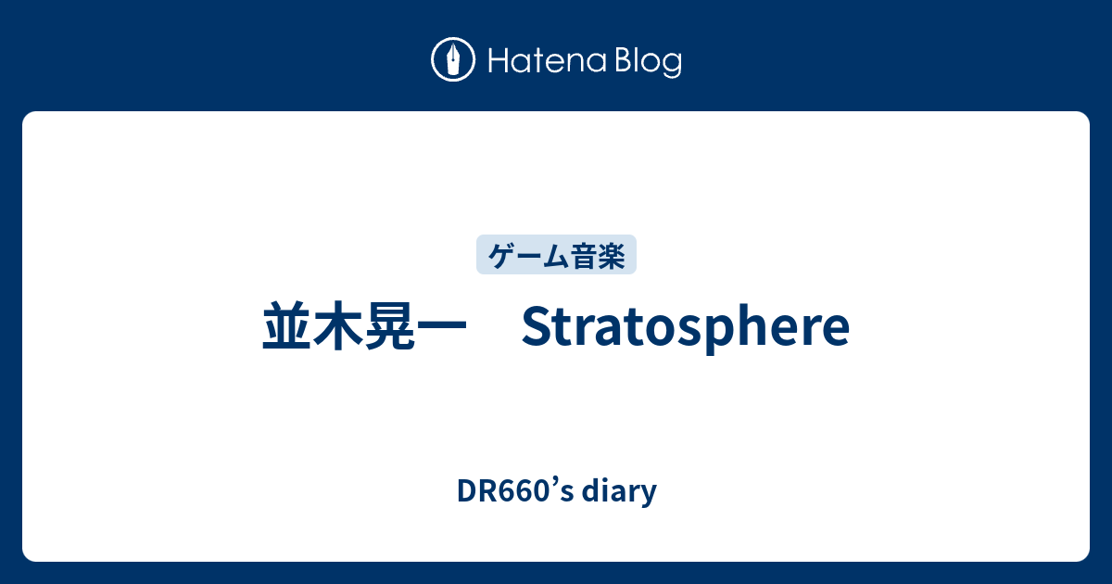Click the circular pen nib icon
[x=452, y=61]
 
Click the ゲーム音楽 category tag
[x=556, y=254]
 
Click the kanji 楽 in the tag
[x=611, y=254]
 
